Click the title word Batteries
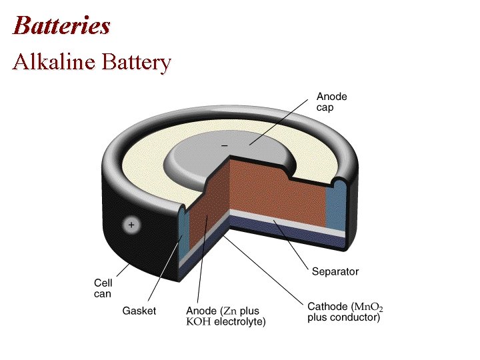[x=61, y=25]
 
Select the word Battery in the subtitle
[x=136, y=63]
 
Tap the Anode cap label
[x=331, y=102]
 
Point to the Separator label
[x=335, y=271]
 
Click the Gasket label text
[x=139, y=311]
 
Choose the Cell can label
[x=103, y=288]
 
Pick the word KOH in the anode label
[x=197, y=322]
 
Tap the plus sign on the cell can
[x=131, y=225]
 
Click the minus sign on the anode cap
[x=224, y=145]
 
